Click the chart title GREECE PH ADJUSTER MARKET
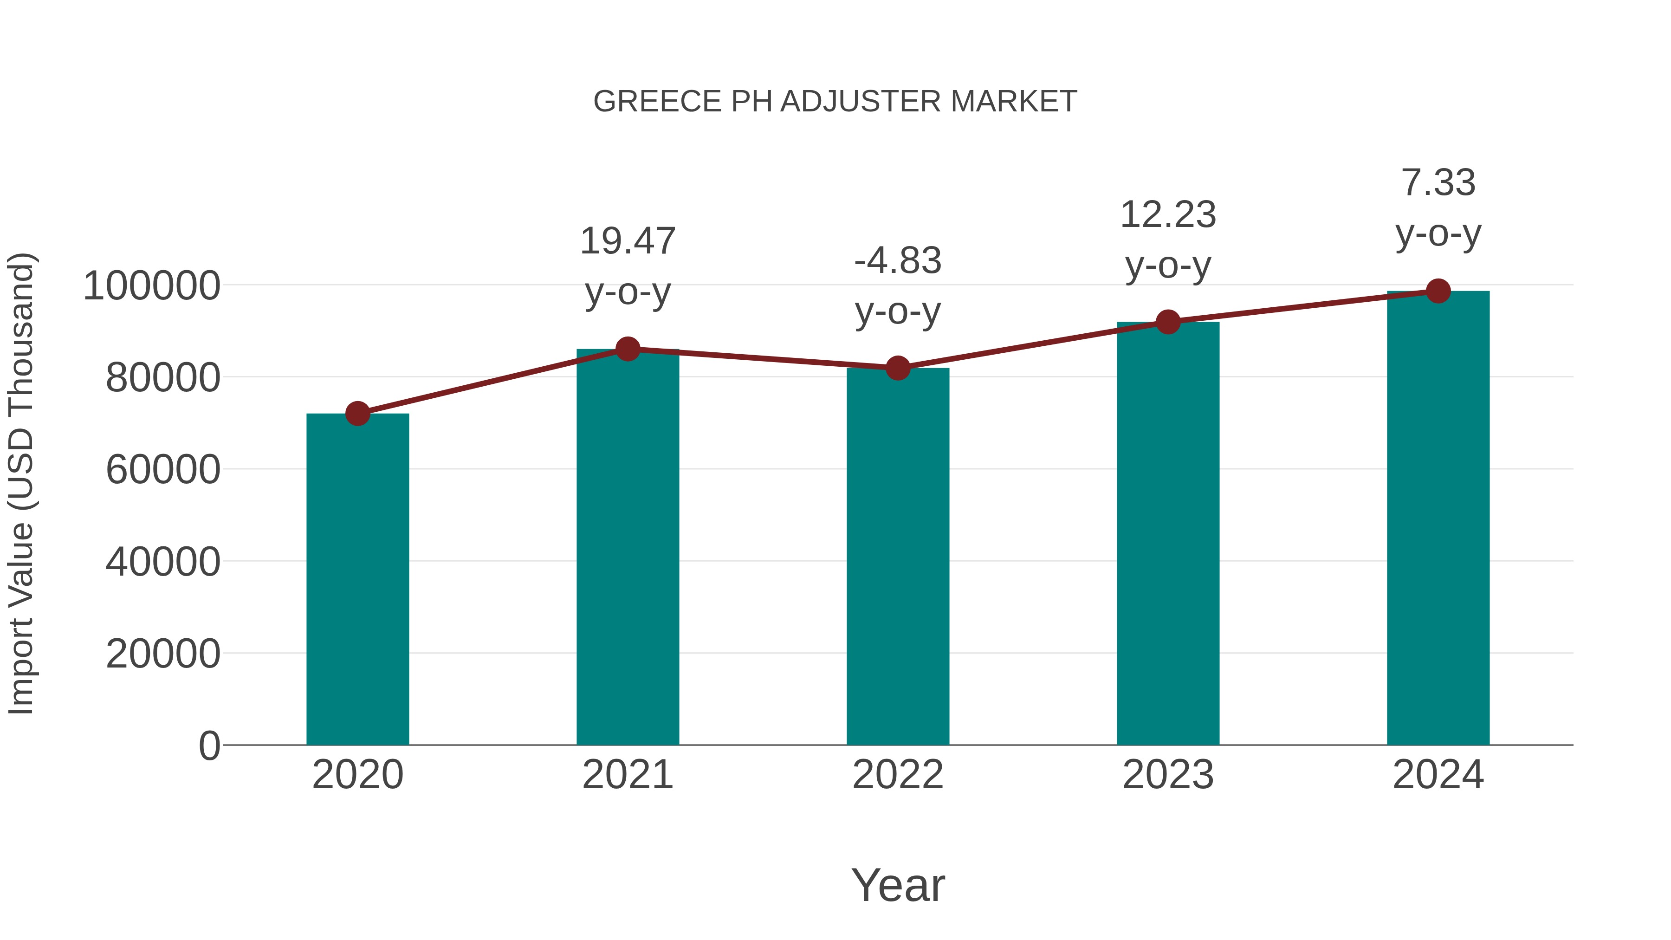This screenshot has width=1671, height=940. coord(835,102)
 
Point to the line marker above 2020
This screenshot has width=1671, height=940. coord(357,413)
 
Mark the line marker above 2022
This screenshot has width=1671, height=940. coord(898,368)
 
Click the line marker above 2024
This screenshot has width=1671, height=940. coord(1438,291)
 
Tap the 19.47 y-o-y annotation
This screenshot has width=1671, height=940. coord(627,266)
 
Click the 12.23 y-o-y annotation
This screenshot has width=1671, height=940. coord(1168,240)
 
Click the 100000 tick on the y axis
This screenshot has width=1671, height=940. coord(152,285)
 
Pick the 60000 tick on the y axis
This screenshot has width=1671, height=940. coord(163,470)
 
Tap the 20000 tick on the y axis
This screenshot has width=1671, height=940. coord(163,654)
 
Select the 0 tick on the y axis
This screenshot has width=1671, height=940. coord(209,746)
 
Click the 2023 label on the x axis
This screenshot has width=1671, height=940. coord(1168,775)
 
